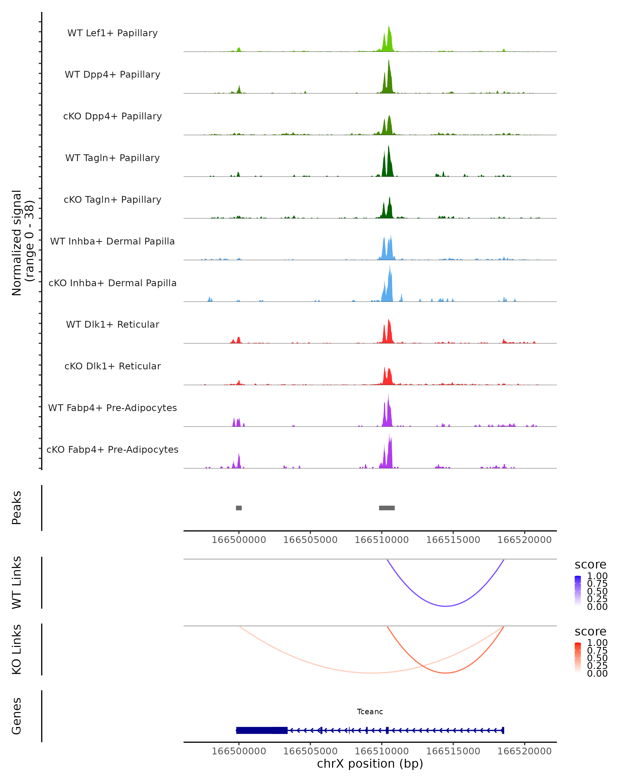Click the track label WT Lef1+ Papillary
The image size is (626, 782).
click(112, 33)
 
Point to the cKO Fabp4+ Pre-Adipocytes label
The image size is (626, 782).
click(112, 449)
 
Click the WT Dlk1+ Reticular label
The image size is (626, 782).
click(112, 324)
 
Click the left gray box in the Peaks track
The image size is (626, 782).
click(239, 508)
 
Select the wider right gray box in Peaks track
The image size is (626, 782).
click(387, 508)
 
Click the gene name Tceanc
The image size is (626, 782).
click(370, 712)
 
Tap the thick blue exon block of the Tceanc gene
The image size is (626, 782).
click(262, 730)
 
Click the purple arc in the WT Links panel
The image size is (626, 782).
click(446, 606)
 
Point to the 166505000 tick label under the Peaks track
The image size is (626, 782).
click(310, 540)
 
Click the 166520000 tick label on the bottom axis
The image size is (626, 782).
click(524, 751)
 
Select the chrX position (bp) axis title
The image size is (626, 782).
click(370, 764)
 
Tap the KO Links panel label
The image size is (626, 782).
click(17, 649)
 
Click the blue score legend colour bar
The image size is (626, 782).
click(578, 591)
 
